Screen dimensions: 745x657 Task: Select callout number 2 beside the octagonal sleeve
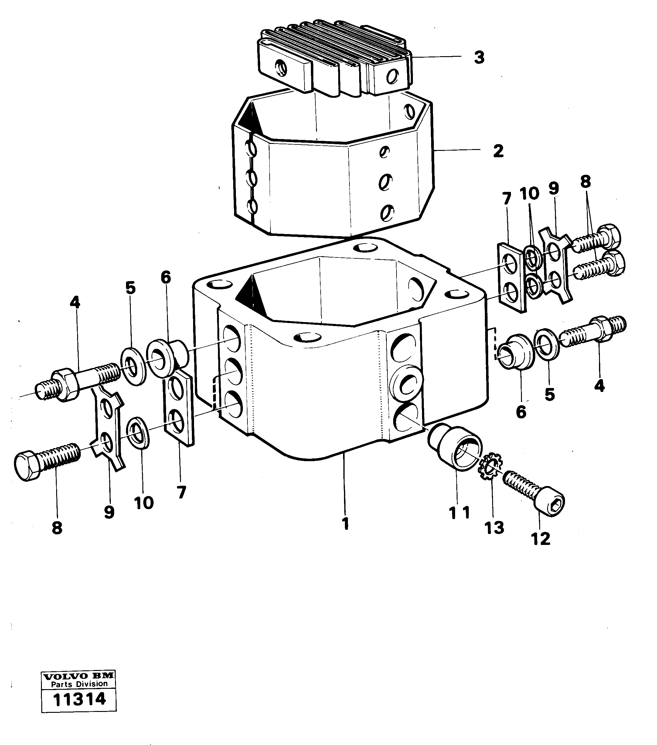(x=498, y=151)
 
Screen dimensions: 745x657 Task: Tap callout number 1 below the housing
(x=345, y=524)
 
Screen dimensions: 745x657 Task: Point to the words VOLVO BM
(x=79, y=677)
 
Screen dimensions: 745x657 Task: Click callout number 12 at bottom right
(x=540, y=549)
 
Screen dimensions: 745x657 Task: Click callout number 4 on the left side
(x=75, y=302)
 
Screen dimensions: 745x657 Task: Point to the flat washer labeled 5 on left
(x=133, y=366)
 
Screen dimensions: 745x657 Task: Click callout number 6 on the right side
(x=521, y=412)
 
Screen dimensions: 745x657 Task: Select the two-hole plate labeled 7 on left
(x=179, y=410)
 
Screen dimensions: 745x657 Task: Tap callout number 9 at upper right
(x=553, y=189)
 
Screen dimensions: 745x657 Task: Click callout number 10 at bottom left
(x=144, y=503)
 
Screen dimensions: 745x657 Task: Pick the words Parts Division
(x=79, y=684)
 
